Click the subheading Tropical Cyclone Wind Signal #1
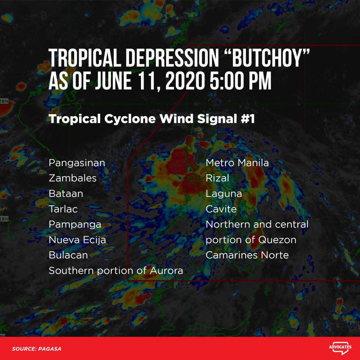[x=151, y=119]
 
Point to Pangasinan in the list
[x=77, y=163]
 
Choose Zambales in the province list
[x=72, y=178]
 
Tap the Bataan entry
[x=66, y=194]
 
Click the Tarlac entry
[x=63, y=209]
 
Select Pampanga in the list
[x=75, y=225]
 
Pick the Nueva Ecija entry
[x=77, y=240]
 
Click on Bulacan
[x=68, y=255]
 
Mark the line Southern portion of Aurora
[x=116, y=270]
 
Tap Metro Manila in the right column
[x=237, y=163]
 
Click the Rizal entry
[x=217, y=178]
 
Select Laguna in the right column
[x=223, y=194]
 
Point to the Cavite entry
[x=221, y=209]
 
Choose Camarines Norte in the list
[x=247, y=255]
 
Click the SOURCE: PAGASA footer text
[x=36, y=349]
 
